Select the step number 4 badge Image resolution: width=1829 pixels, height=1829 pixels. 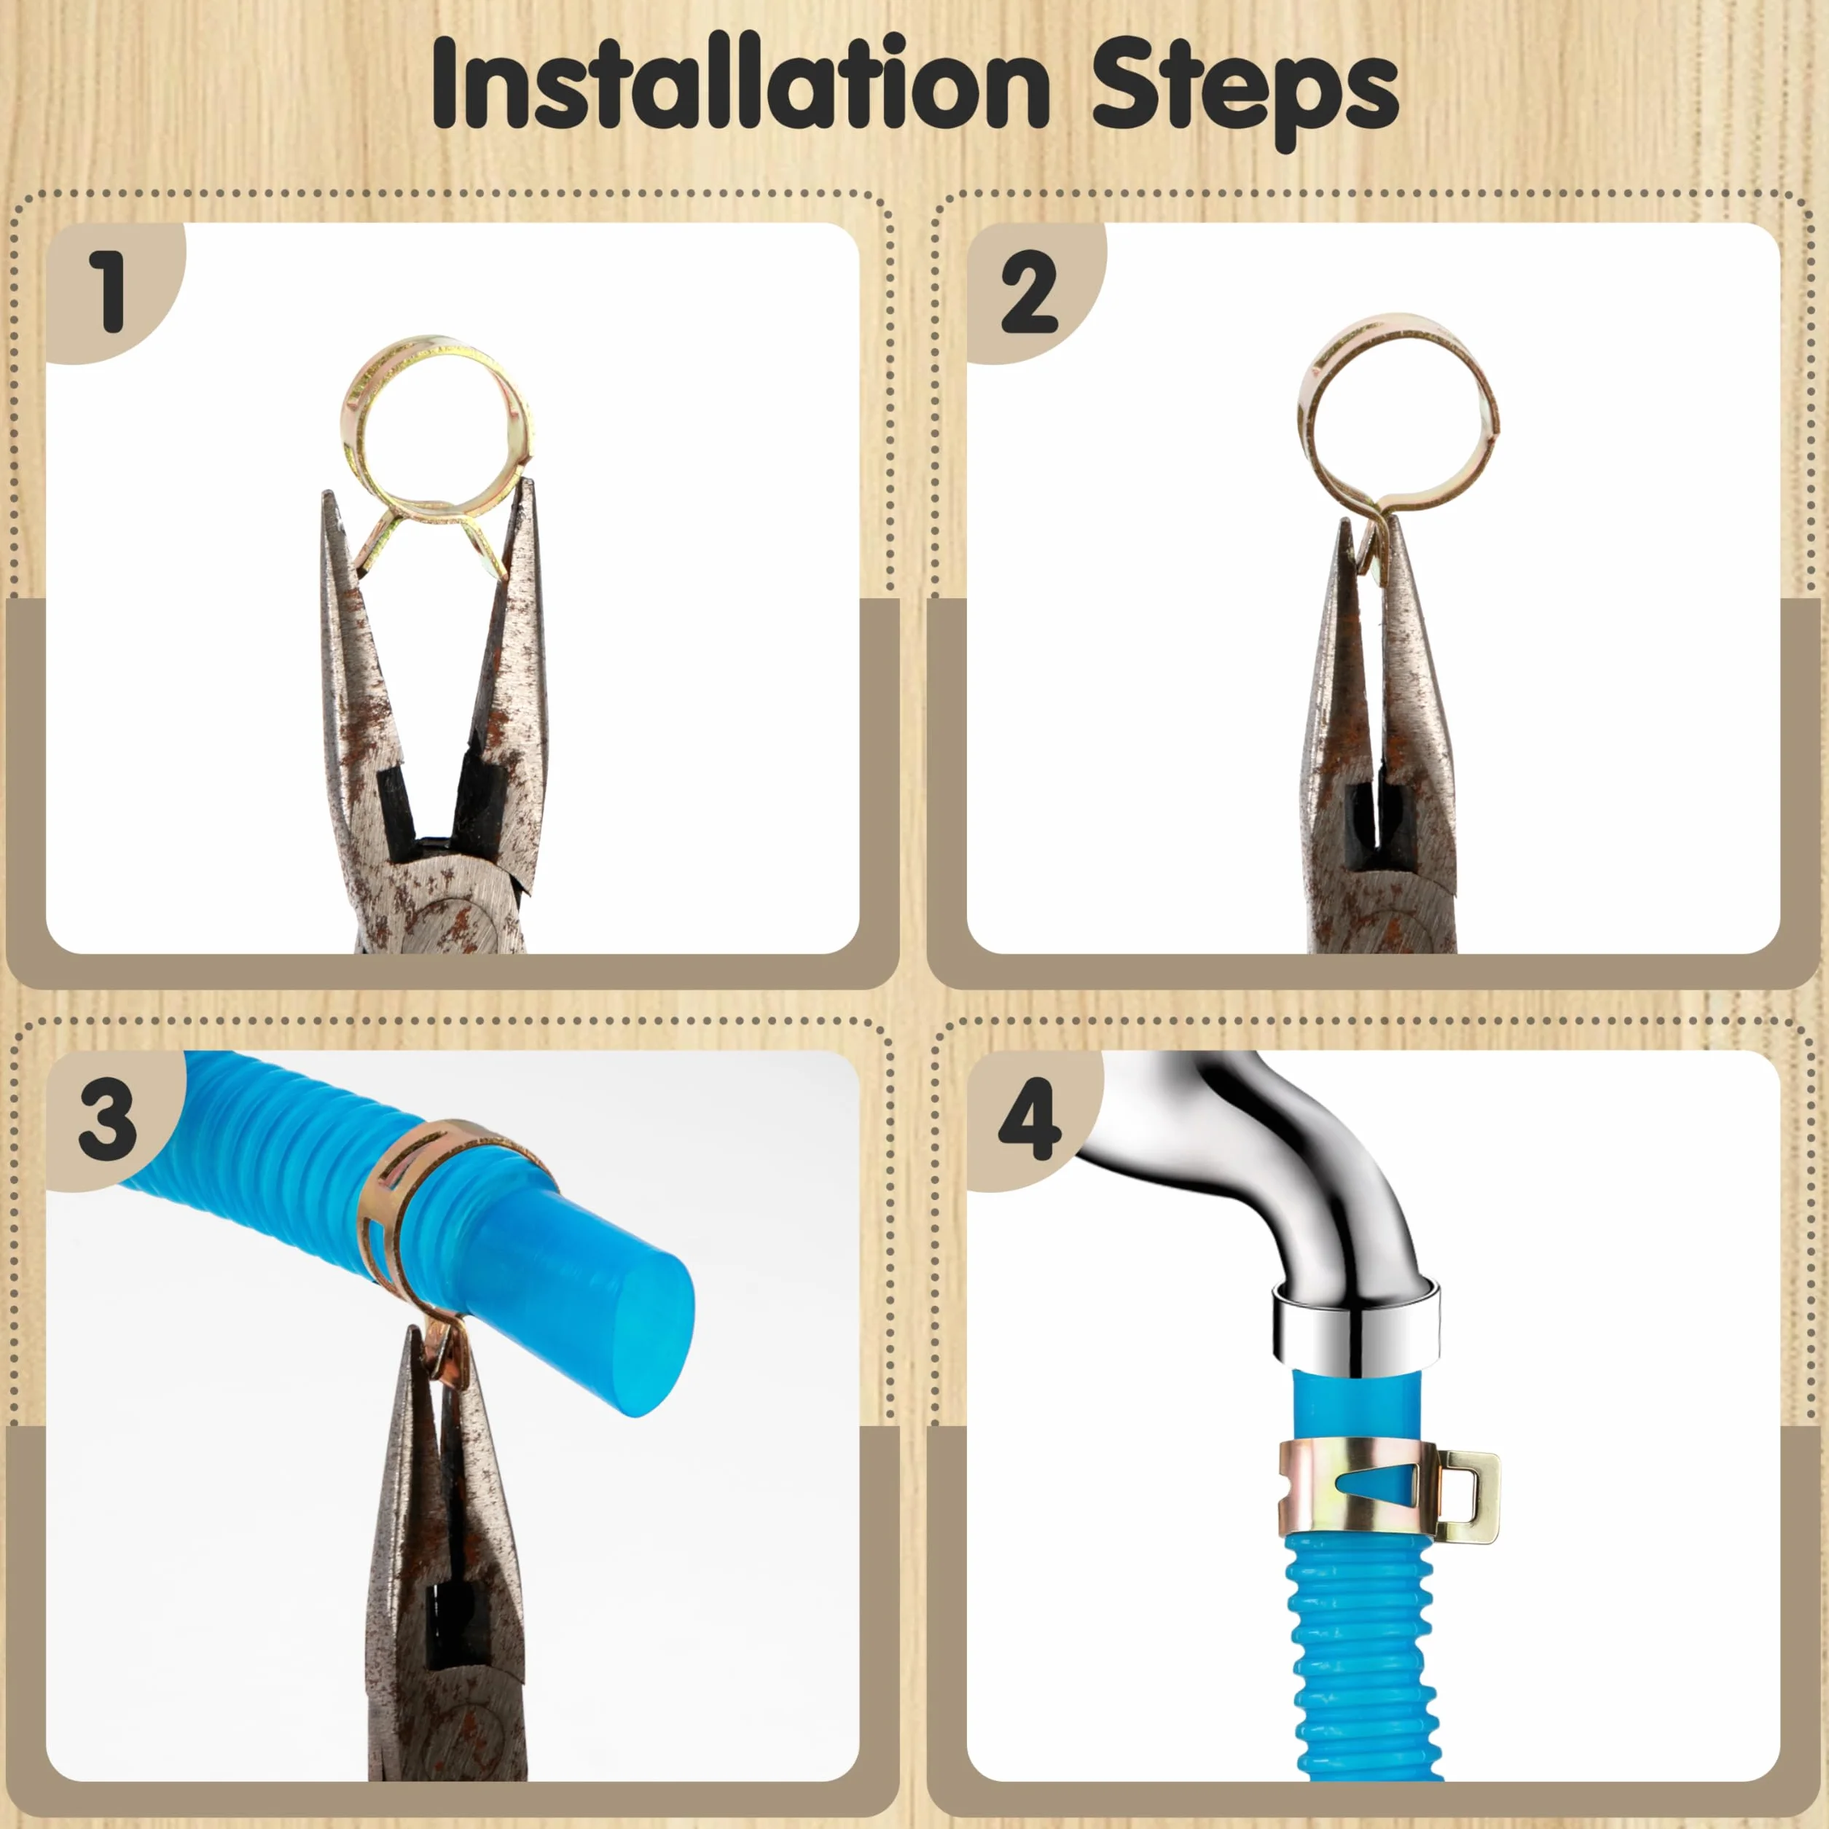1031,1119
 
